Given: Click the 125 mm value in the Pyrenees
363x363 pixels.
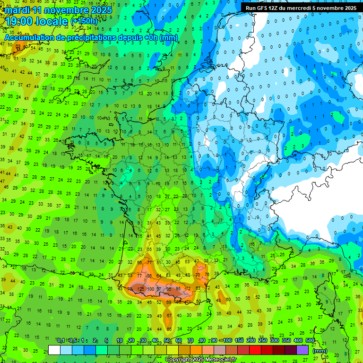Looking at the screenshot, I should click(x=140, y=288).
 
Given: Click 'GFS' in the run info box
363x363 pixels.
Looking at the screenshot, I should click(x=263, y=8).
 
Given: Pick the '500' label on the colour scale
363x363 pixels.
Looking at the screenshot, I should click(x=310, y=341).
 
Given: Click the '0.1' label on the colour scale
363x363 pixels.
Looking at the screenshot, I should click(x=61, y=341).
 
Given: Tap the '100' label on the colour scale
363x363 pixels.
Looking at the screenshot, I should click(x=227, y=341).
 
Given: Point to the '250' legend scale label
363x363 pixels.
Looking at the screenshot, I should click(x=262, y=341).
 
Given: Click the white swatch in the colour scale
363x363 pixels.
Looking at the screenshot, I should click(x=54, y=350).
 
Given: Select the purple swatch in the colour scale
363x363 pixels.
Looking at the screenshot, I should click(x=302, y=350).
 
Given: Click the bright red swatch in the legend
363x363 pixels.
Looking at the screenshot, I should click(x=255, y=350).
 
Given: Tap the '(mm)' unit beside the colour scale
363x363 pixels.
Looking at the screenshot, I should click(x=320, y=351).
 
